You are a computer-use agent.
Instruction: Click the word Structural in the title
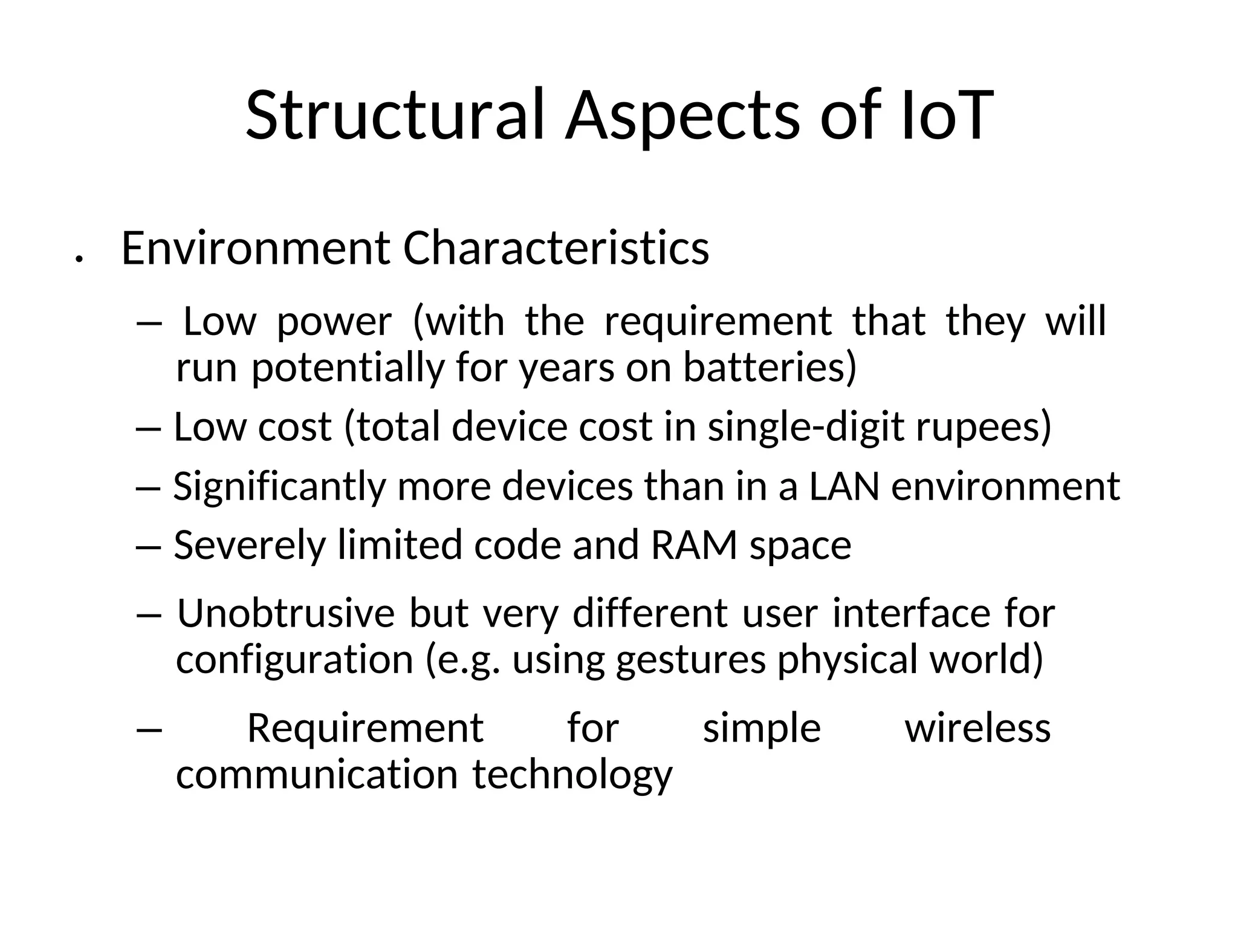395,115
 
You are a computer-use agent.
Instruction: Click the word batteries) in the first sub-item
770,367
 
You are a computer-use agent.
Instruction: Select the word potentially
348,367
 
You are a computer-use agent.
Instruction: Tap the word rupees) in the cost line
984,426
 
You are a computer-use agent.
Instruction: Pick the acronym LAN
844,486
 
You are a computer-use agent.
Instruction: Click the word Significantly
280,486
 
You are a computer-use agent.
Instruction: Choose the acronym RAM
694,545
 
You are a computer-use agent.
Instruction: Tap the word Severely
250,545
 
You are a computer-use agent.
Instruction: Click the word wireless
977,728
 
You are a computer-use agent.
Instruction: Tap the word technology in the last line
572,775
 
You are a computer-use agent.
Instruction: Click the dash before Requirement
149,729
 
